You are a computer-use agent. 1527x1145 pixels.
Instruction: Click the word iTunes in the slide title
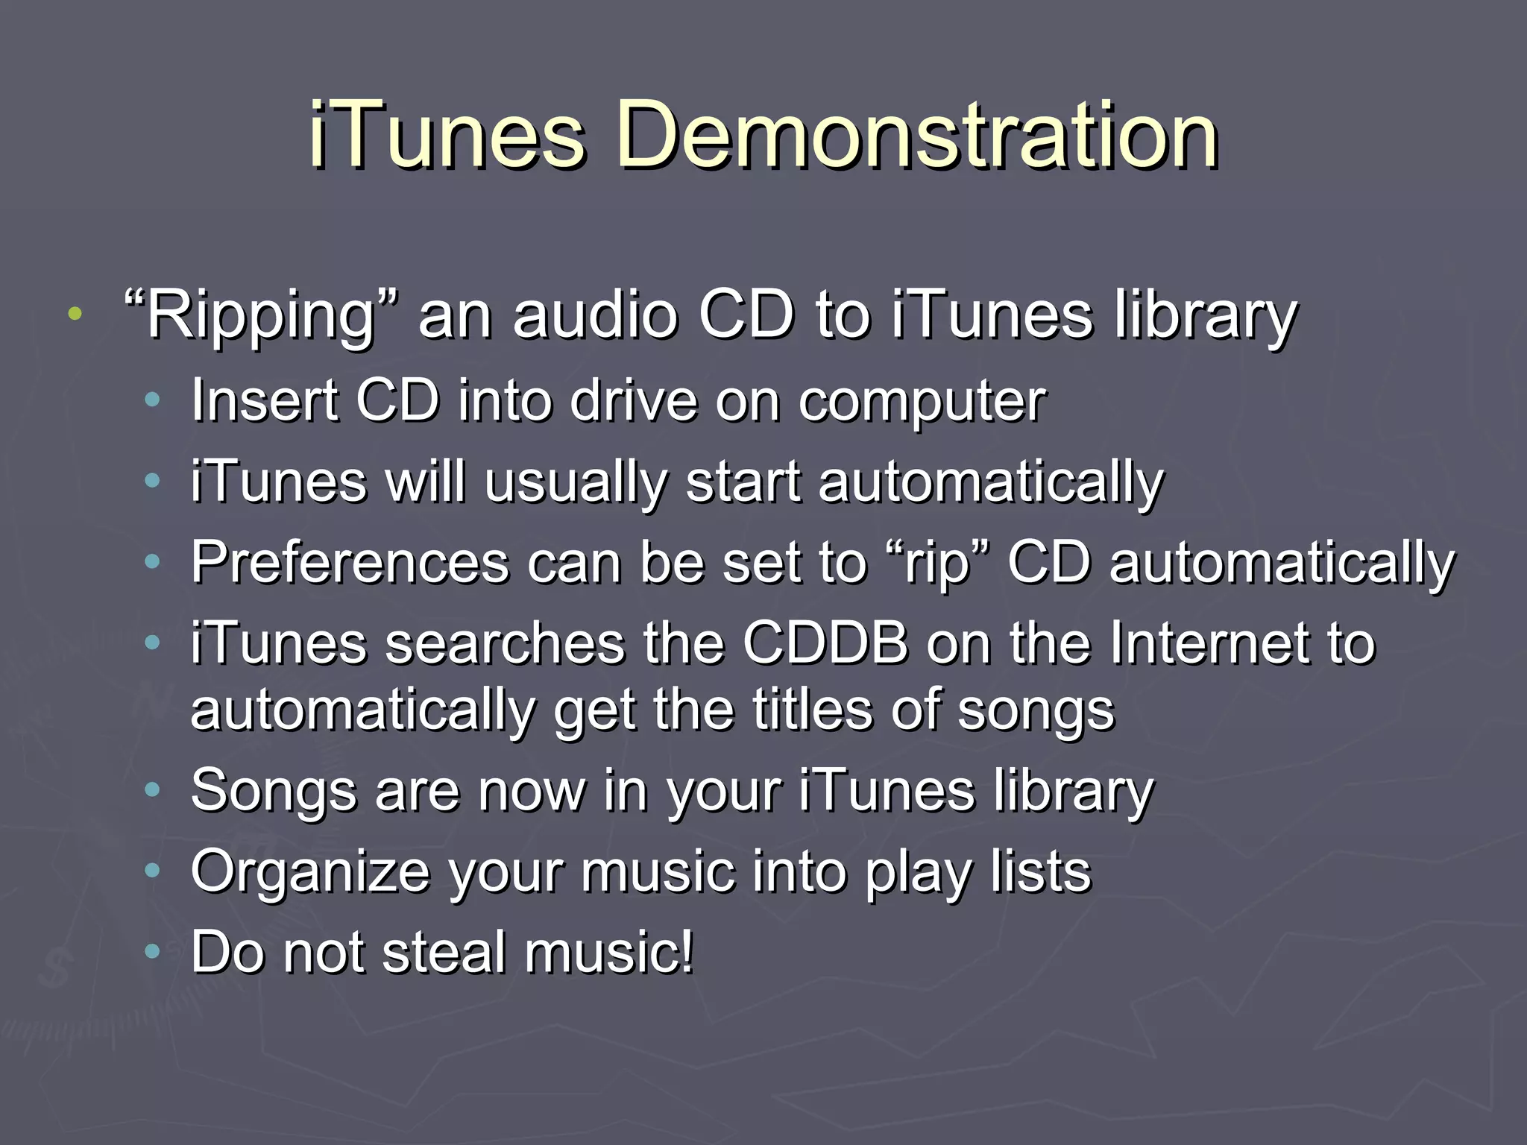tap(447, 136)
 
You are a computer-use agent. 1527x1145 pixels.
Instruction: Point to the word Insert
tap(265, 401)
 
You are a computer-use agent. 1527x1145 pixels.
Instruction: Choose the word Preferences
tap(350, 563)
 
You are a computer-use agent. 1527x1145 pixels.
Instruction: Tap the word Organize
tap(310, 872)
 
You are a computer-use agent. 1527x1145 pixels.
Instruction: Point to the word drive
tap(635, 401)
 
